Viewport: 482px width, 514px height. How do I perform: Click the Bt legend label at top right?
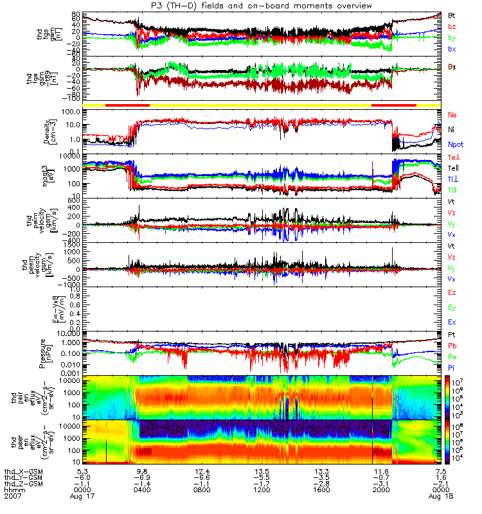tap(452, 14)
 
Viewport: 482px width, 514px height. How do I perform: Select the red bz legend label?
tap(452, 26)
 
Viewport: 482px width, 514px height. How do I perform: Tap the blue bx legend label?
tap(452, 49)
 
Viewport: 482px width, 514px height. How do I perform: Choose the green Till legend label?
tap(454, 190)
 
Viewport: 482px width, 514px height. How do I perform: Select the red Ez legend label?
tap(452, 292)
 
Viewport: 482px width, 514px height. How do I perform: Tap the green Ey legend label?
tap(452, 307)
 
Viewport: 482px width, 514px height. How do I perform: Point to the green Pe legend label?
tap(452, 356)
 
